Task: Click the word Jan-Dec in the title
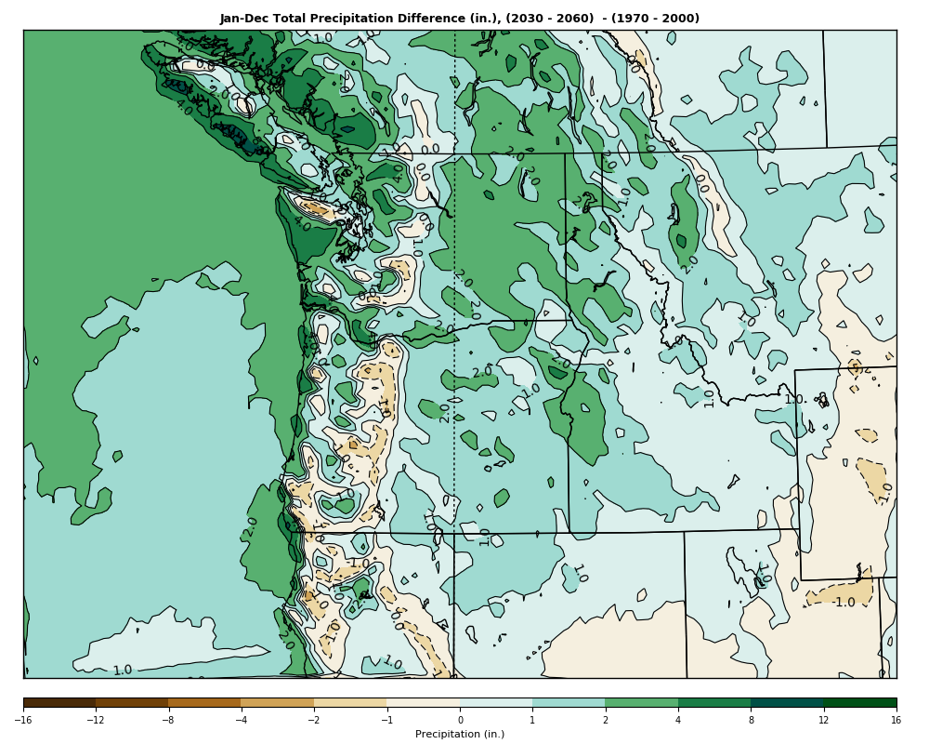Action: point(242,19)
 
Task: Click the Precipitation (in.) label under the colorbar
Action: point(460,734)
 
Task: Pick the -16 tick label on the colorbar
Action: point(23,720)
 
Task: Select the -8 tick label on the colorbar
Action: point(168,720)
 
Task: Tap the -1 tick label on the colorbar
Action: point(386,720)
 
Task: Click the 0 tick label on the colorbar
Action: point(460,720)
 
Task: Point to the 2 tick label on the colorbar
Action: point(605,720)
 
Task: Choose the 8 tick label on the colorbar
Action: point(751,720)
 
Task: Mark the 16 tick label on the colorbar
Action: point(896,720)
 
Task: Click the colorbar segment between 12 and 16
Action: point(859,703)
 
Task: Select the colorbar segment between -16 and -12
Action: point(59,703)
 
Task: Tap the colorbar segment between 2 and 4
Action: point(641,703)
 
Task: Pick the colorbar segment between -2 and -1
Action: point(350,703)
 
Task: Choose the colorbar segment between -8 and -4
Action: point(204,703)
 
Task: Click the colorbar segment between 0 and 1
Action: point(496,703)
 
